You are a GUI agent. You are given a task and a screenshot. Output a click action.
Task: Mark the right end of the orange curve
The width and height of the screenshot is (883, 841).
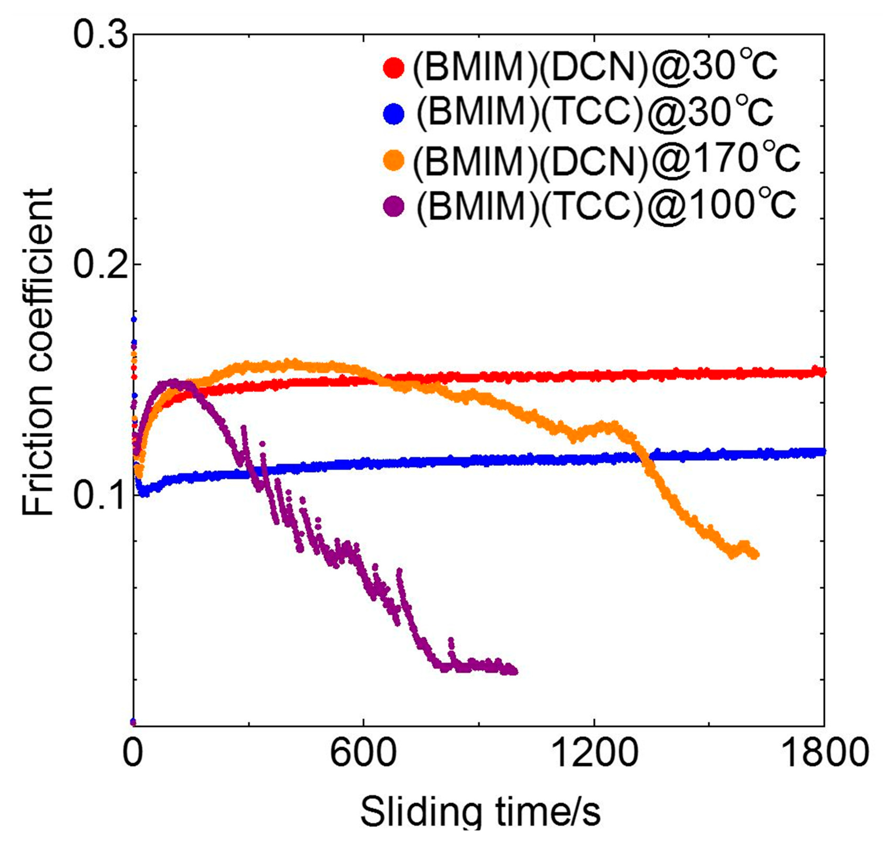[x=756, y=555]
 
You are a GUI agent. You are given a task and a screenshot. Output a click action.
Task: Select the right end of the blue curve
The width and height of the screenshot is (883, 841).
[x=823, y=451]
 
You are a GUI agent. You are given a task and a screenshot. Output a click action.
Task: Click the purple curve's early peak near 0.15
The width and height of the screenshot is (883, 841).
[x=174, y=382]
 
